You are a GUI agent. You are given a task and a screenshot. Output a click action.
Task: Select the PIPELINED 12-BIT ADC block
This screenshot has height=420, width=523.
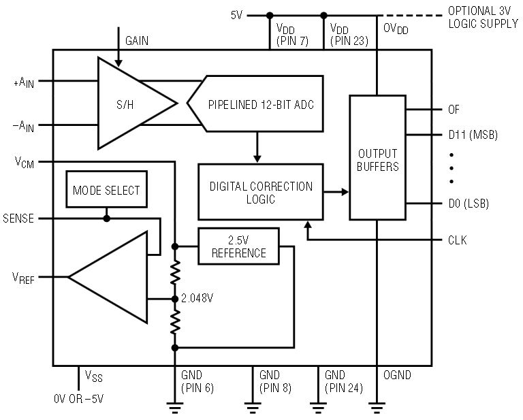point(255,103)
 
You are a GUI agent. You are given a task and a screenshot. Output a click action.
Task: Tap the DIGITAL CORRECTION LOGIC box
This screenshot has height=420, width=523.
point(261,192)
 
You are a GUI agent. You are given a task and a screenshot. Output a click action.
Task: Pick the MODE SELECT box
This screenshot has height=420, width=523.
point(106,191)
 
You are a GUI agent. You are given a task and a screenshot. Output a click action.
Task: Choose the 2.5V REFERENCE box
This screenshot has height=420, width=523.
point(238,246)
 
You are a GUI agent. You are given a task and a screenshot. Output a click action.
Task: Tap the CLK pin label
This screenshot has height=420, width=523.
point(456,240)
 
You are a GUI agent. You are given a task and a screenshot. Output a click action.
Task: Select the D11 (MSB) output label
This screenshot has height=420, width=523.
point(472,134)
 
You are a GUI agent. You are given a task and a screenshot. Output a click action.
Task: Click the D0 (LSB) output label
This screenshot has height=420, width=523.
point(469,204)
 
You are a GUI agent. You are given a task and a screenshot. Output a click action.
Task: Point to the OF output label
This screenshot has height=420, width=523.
point(454,109)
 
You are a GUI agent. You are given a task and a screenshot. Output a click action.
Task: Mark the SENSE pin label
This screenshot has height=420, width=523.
point(18,219)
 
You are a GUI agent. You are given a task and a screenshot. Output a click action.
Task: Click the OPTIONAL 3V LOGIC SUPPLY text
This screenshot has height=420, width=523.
point(483,18)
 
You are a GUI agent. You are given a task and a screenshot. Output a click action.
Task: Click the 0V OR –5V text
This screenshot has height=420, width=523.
point(79,399)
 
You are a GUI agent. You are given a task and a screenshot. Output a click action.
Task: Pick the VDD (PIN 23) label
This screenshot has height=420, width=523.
point(348,35)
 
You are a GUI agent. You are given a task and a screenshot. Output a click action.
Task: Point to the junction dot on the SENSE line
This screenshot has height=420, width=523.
point(106,219)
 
